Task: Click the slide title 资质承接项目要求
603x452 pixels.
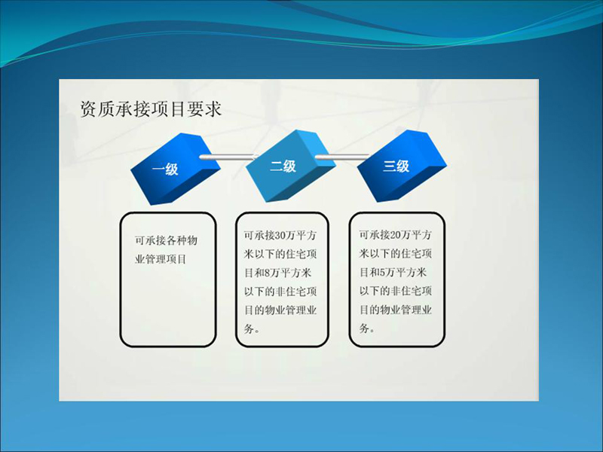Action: point(151,108)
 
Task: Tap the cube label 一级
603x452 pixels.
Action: point(165,169)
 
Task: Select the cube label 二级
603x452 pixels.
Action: point(283,166)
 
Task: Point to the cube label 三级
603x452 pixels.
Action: point(396,166)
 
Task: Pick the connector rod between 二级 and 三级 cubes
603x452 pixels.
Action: point(342,157)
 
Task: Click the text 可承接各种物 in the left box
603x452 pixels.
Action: point(166,240)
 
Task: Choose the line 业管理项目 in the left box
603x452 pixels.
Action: point(161,259)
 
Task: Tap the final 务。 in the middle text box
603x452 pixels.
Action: point(252,329)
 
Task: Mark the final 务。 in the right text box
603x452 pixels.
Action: point(367,328)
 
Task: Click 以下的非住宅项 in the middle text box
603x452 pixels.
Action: point(280,292)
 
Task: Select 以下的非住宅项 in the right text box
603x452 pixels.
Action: point(395,291)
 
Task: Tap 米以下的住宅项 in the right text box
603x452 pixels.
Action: point(395,254)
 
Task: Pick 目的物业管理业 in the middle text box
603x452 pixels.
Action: point(280,310)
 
